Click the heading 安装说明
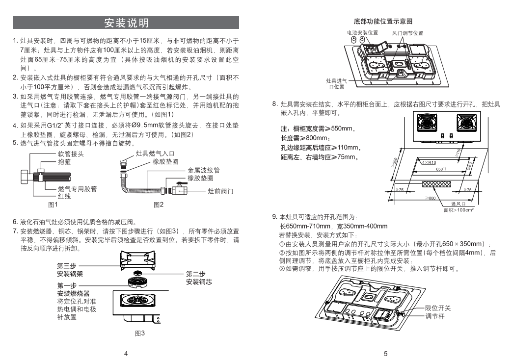tap(126, 23)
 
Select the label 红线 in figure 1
tap(64, 196)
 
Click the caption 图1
tap(53, 204)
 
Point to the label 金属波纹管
tap(203, 170)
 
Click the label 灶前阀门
tap(220, 190)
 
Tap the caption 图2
tap(159, 204)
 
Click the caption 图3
tap(140, 333)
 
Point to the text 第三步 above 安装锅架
tap(66, 265)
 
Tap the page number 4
tap(126, 353)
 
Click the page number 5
tap(385, 353)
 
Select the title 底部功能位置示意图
tap(382, 22)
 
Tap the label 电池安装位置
tap(362, 33)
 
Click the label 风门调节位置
tap(407, 33)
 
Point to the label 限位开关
tap(437, 308)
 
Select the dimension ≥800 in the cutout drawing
tap(431, 198)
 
